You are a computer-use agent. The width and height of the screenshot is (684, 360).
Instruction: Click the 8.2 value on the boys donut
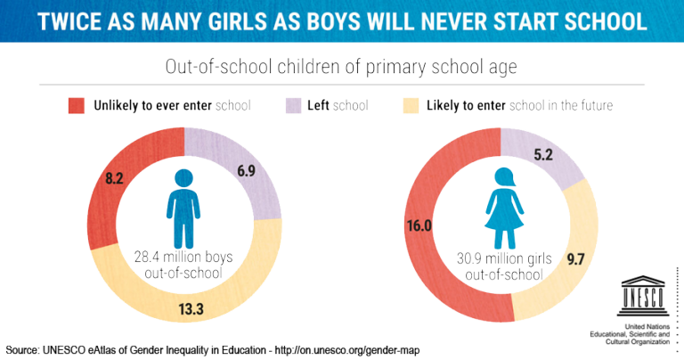[114, 178]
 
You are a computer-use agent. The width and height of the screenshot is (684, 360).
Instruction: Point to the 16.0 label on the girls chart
[419, 225]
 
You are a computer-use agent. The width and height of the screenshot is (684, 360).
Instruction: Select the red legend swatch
[77, 105]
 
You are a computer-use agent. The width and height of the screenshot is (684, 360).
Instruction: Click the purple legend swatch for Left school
[292, 105]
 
